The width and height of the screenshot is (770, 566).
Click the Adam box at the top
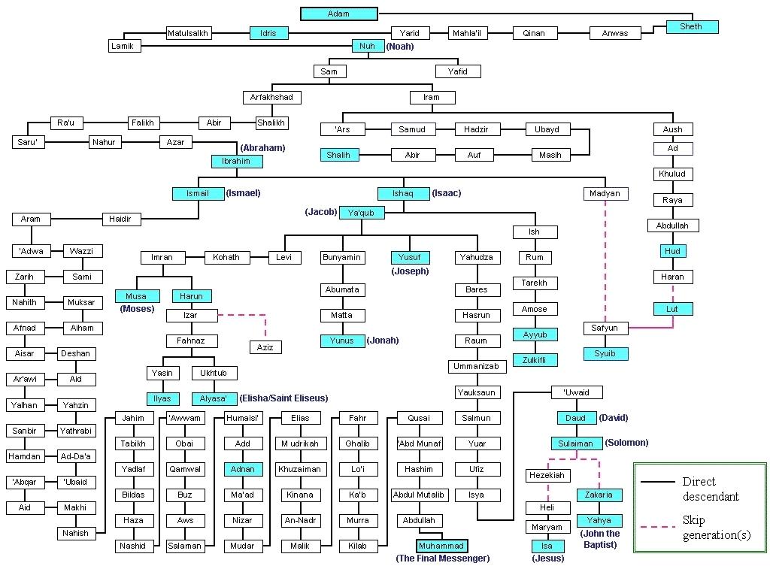coord(338,14)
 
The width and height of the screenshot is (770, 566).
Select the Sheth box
coord(691,27)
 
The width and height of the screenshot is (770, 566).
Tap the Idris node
coord(268,33)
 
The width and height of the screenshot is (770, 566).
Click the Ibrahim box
coord(235,161)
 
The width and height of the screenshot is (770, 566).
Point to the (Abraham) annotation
coord(264,148)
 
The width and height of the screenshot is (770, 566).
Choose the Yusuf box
coord(409,257)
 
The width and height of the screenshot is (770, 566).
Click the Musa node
coord(137,296)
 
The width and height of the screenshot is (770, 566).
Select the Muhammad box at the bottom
coord(442,546)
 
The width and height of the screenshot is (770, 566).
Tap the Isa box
coord(547,546)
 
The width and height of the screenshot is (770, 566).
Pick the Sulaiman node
coord(576,443)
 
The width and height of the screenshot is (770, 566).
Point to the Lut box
coord(672,309)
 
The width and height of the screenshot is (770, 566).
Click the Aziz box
coord(265,347)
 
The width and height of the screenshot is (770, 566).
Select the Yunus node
coord(341,341)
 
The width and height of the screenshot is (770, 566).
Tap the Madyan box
coord(605,193)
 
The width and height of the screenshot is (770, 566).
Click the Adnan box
coord(243,469)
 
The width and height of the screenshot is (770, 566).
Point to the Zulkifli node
coord(535,360)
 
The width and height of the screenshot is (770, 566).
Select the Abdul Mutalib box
coord(419,495)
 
